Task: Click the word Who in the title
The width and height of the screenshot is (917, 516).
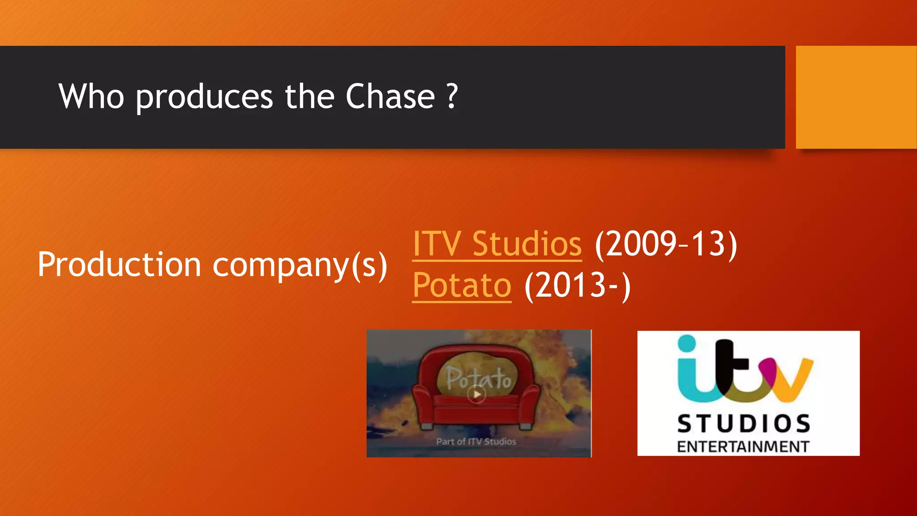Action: click(x=91, y=96)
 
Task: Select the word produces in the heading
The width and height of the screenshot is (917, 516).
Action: click(x=204, y=97)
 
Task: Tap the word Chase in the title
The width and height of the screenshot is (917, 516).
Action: click(x=390, y=96)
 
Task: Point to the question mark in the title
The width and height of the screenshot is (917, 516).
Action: click(x=452, y=96)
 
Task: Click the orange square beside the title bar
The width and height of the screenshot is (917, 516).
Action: click(x=856, y=97)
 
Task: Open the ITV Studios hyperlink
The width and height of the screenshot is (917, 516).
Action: click(x=497, y=244)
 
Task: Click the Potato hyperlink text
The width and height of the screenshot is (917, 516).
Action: click(x=462, y=285)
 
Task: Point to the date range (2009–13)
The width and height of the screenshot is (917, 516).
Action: click(x=666, y=244)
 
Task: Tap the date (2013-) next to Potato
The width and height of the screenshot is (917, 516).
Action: click(x=578, y=285)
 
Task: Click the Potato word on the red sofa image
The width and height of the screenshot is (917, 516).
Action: click(x=478, y=378)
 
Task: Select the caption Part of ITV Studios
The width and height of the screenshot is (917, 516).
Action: click(x=476, y=442)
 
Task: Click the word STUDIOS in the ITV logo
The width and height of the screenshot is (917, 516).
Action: click(x=744, y=424)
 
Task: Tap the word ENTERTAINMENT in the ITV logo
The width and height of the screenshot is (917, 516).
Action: click(x=743, y=447)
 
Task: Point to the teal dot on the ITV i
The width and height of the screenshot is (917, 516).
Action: click(x=687, y=344)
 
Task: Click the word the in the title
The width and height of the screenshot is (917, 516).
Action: click(x=309, y=96)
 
